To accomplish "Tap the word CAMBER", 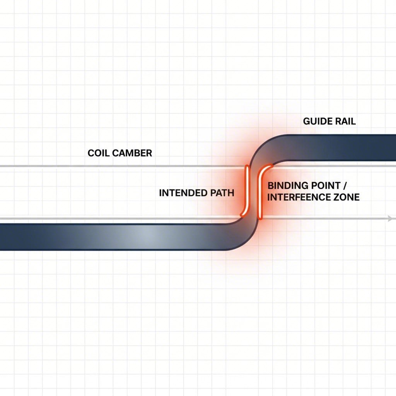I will click(131, 153).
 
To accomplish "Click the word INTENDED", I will click(183, 193).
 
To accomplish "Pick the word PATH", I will click(222, 193).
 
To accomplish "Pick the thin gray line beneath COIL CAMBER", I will click(116, 166).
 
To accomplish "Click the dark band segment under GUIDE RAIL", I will click(340, 147).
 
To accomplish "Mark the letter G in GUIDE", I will click(306, 121).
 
